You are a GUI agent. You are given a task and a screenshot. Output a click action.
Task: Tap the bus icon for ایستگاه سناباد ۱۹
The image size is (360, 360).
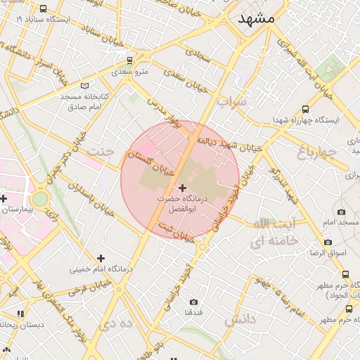[x=44, y=9]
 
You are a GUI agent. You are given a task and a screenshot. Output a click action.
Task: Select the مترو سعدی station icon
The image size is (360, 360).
[x=115, y=71]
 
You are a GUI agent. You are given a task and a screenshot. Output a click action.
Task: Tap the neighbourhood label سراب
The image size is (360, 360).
[x=232, y=103]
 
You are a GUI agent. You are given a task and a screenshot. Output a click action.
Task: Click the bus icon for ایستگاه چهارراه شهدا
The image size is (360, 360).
[x=304, y=109]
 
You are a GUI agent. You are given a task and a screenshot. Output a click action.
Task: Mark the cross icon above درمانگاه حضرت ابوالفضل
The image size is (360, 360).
[x=183, y=188]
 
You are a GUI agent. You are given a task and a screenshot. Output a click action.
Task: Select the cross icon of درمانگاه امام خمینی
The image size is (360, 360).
[x=101, y=258]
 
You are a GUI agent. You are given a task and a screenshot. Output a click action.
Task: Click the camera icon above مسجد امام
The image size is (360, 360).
[x=342, y=212]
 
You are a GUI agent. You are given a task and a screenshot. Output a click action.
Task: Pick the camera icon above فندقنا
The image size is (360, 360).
[x=193, y=302]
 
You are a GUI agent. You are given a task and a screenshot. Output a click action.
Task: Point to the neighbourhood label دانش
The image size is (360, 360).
[x=241, y=321]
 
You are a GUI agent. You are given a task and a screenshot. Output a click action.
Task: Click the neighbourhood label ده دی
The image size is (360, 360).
[x=117, y=324]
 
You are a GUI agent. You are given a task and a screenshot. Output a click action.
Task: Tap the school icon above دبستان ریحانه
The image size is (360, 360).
[x=20, y=314]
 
